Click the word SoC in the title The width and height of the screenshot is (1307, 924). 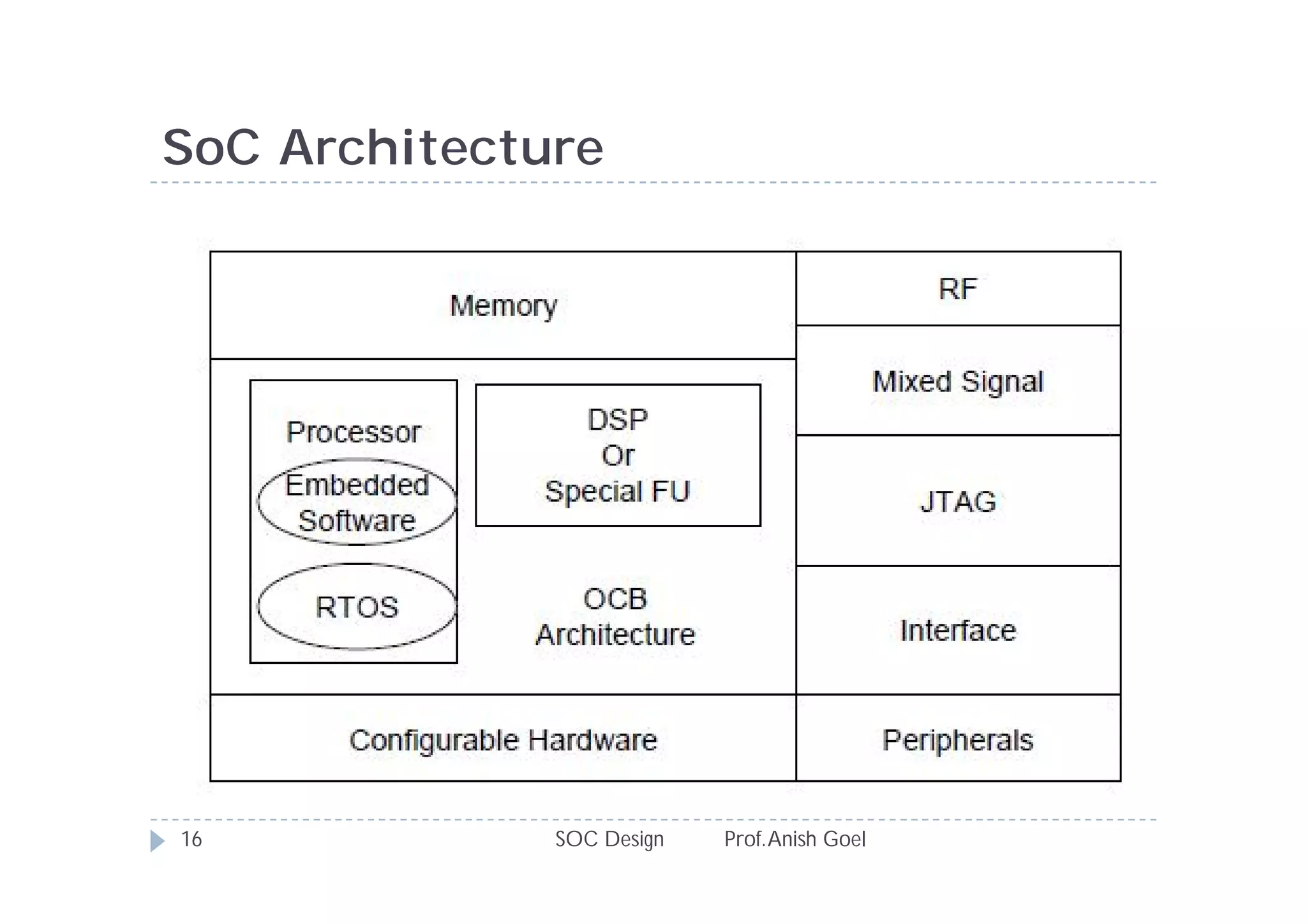click(x=211, y=148)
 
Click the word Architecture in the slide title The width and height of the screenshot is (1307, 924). click(x=441, y=148)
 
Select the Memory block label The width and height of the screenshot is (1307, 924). click(x=504, y=306)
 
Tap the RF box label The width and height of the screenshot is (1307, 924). click(x=957, y=289)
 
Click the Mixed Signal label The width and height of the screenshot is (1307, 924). click(x=957, y=382)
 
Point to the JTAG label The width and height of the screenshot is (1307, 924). click(x=958, y=502)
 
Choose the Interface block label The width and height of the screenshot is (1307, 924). click(x=958, y=631)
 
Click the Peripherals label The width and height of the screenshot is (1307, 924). click(x=957, y=741)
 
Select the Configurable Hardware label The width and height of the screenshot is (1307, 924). click(x=503, y=741)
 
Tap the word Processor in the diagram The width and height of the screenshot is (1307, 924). click(x=354, y=432)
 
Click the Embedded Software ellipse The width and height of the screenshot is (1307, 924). click(x=357, y=503)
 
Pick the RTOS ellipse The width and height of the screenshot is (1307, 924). click(x=357, y=607)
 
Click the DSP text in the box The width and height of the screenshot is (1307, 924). click(x=618, y=420)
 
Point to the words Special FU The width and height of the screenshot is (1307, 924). click(x=618, y=492)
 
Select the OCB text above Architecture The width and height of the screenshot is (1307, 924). click(x=615, y=599)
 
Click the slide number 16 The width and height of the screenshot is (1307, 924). click(x=191, y=839)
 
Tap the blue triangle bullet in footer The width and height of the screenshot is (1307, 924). click(x=157, y=840)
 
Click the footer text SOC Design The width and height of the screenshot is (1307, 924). click(x=609, y=839)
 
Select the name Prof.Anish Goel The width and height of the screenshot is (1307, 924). click(x=795, y=839)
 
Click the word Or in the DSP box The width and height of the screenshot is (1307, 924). click(x=618, y=456)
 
